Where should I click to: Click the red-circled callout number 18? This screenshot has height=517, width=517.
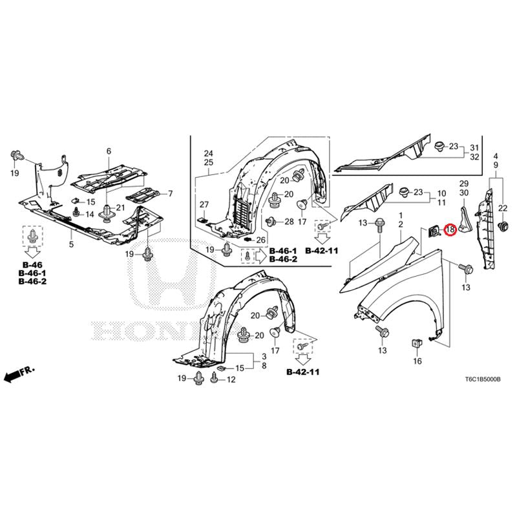tap(450, 229)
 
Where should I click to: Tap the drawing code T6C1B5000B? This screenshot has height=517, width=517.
tap(483, 379)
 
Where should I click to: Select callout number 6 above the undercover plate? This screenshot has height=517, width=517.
tap(109, 151)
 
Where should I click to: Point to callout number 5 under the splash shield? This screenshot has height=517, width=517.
tap(72, 244)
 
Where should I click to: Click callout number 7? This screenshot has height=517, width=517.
tap(170, 193)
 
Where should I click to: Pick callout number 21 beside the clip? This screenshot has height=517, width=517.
tap(121, 207)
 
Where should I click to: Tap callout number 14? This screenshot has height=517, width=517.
tap(90, 215)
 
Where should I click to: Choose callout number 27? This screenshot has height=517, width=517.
tap(204, 205)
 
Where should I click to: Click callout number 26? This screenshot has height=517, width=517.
tap(261, 240)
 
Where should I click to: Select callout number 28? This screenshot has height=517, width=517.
tap(289, 222)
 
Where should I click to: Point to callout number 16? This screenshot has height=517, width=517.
tap(417, 361)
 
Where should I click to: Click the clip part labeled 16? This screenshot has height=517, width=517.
tap(416, 344)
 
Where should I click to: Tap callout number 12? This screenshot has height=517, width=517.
tap(231, 379)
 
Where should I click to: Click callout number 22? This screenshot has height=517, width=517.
tap(503, 208)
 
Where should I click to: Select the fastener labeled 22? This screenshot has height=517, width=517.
tap(503, 226)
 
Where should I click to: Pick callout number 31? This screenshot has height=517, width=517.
tap(474, 148)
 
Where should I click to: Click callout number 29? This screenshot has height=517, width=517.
tap(464, 184)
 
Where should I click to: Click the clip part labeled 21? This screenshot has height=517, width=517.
tap(107, 213)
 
